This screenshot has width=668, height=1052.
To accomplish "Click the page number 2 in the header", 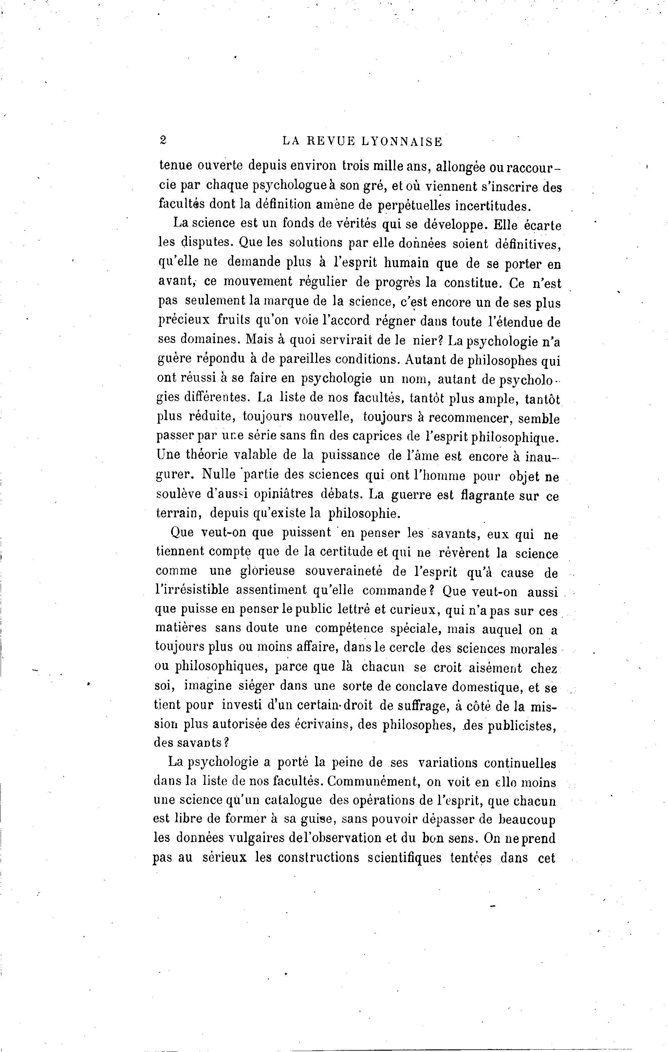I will click(163, 140).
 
